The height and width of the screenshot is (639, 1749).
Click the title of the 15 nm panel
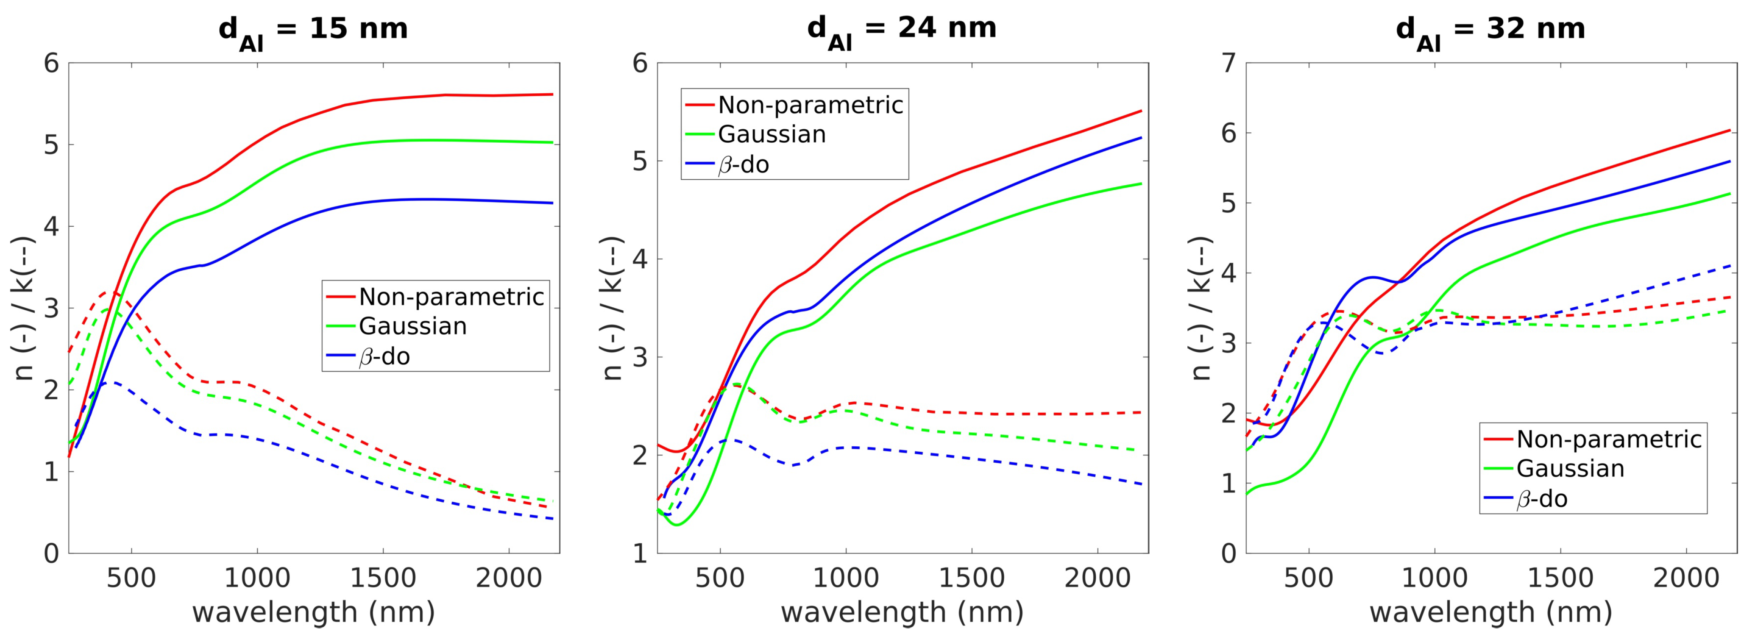(x=313, y=31)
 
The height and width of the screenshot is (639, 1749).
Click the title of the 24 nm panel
(x=902, y=31)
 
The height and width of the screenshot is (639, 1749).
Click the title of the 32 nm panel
(x=1490, y=31)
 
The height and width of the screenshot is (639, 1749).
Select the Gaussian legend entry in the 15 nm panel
(x=412, y=326)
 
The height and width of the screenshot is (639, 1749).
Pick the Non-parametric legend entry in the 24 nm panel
(x=810, y=105)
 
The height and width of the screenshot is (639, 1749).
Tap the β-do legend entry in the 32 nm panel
(x=1541, y=499)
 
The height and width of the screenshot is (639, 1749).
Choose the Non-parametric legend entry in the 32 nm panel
(x=1608, y=440)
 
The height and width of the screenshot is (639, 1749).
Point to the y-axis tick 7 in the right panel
(x=1228, y=64)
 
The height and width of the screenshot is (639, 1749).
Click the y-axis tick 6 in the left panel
(x=52, y=64)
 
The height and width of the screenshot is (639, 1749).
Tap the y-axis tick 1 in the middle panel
(x=640, y=553)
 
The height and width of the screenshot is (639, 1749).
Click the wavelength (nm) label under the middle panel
(x=902, y=613)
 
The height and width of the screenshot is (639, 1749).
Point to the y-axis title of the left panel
(x=24, y=309)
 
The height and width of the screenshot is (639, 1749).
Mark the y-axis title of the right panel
(x=1201, y=309)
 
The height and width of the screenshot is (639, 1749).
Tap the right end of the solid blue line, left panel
(x=552, y=203)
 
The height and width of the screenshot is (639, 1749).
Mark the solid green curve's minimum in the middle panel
(x=676, y=524)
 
